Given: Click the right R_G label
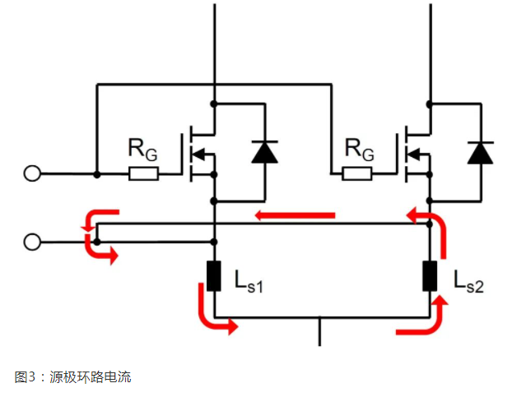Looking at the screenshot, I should point(358,150).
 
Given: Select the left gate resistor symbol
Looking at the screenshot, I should point(143,174).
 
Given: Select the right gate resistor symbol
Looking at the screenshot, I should point(357,174).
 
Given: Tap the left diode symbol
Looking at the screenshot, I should point(264,152).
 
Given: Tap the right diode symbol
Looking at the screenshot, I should point(479,152).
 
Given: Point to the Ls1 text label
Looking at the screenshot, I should point(248,284).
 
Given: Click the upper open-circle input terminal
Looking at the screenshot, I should point(32,174).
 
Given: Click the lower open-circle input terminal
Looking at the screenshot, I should point(32,242).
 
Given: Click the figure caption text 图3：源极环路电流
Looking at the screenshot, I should point(73,377).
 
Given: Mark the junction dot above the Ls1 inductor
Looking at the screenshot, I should point(214,242).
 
